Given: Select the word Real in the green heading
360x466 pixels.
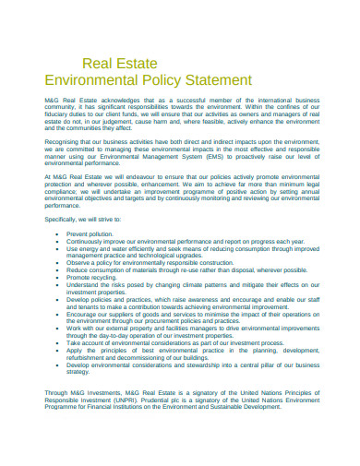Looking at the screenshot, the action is click(97, 64).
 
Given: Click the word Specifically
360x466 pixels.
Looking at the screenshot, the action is click(62, 219).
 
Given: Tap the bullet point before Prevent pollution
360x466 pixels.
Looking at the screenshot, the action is click(59, 234).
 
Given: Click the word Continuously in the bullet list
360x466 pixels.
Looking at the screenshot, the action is click(88, 242).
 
